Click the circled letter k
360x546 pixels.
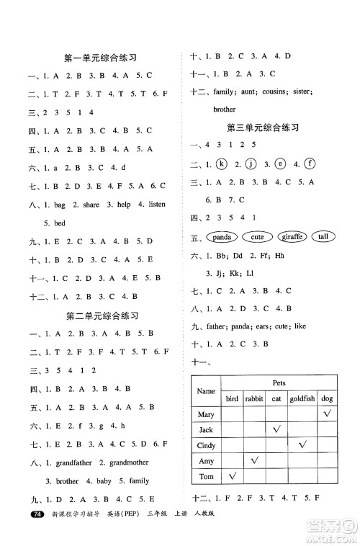pos(222,164)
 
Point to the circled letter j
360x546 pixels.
pos(251,164)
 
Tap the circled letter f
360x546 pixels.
pos(310,164)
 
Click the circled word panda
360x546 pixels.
pos(222,236)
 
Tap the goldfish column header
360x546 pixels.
pos(300,398)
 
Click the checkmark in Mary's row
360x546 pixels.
pos(326,413)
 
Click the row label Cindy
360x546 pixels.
pos(206,444)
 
